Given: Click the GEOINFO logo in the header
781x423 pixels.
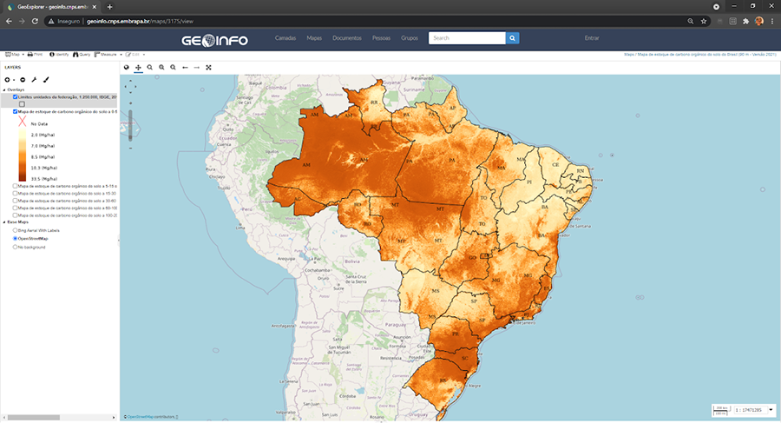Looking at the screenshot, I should [x=213, y=38].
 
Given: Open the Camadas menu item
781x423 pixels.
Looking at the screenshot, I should [x=286, y=38].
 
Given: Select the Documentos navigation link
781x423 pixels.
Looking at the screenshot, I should [x=346, y=38].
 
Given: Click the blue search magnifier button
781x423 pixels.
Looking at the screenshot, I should [x=513, y=38].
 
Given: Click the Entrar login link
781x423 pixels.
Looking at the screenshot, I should [x=592, y=38].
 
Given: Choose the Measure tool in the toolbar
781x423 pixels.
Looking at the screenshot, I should [x=107, y=54].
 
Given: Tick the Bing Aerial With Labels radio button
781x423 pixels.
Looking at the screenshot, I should [x=15, y=230].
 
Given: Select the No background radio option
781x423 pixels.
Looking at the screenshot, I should [x=15, y=248].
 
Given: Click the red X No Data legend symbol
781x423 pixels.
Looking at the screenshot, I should [x=23, y=123].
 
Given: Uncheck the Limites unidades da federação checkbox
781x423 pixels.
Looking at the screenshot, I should [x=15, y=97].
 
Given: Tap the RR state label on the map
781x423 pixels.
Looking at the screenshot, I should [x=375, y=102].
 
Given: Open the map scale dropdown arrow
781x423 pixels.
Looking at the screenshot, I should [x=771, y=409].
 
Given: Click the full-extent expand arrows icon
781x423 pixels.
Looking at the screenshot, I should [x=209, y=67].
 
